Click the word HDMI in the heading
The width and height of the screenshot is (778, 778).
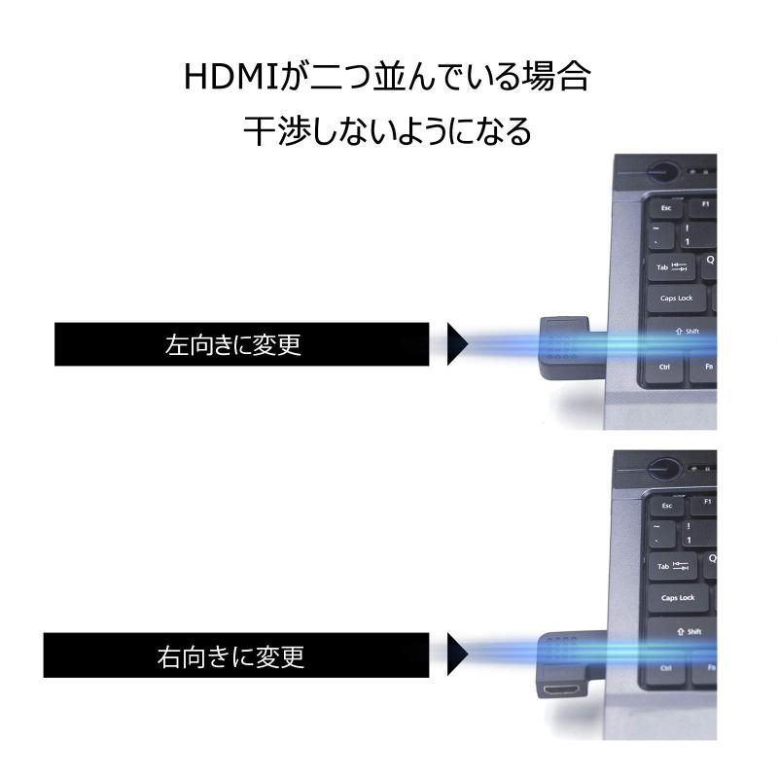(x=230, y=77)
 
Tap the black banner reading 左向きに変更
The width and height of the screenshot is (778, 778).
(x=241, y=344)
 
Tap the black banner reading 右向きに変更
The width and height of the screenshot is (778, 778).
(x=236, y=654)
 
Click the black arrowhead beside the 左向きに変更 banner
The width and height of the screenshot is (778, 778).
(x=457, y=344)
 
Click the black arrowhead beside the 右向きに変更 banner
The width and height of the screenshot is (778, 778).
(x=457, y=654)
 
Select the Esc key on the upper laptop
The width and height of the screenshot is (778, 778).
(x=665, y=208)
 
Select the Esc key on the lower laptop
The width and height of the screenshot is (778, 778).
(x=666, y=506)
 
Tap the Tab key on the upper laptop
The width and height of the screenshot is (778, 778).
(x=672, y=267)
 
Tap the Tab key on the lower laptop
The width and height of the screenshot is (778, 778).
(x=673, y=566)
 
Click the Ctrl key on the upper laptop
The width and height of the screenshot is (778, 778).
(x=665, y=368)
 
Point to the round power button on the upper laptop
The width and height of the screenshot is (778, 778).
(x=663, y=173)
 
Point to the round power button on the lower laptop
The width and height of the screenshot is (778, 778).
(x=664, y=469)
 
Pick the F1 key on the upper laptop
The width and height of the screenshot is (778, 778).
(x=704, y=205)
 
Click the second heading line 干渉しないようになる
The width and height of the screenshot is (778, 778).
(x=387, y=131)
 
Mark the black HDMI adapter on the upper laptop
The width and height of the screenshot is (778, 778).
(x=571, y=348)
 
